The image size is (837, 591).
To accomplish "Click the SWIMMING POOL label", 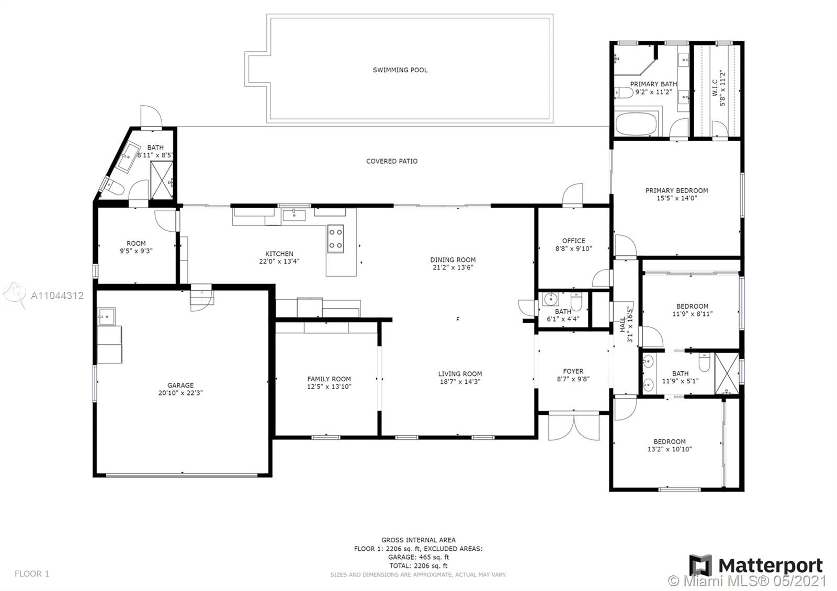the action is click(x=400, y=70).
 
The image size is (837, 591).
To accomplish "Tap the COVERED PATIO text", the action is click(x=392, y=161).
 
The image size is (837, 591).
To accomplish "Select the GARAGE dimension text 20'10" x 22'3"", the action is click(x=180, y=393).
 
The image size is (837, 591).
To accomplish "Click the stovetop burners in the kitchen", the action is click(x=335, y=238).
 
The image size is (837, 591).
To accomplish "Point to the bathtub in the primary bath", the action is click(x=636, y=124).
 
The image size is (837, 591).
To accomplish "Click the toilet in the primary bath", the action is click(x=624, y=92).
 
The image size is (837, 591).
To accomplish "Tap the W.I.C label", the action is click(x=715, y=88).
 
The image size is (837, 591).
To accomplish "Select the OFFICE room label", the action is click(x=573, y=241).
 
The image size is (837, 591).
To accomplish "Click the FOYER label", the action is click(x=573, y=371).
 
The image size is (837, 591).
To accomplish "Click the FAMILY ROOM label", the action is click(x=329, y=379).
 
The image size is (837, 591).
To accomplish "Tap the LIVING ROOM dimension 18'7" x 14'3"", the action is click(x=460, y=381).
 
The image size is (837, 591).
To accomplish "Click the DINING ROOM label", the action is click(x=453, y=259).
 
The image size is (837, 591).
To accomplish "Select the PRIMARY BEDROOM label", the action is click(x=677, y=190).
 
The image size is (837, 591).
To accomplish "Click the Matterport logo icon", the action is click(x=700, y=565).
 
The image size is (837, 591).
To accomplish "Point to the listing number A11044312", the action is click(x=57, y=296).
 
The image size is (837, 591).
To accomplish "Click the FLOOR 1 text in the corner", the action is click(x=32, y=573).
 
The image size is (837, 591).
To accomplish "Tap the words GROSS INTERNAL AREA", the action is click(x=418, y=540).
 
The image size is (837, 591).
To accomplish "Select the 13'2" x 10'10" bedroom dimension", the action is click(x=670, y=449).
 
